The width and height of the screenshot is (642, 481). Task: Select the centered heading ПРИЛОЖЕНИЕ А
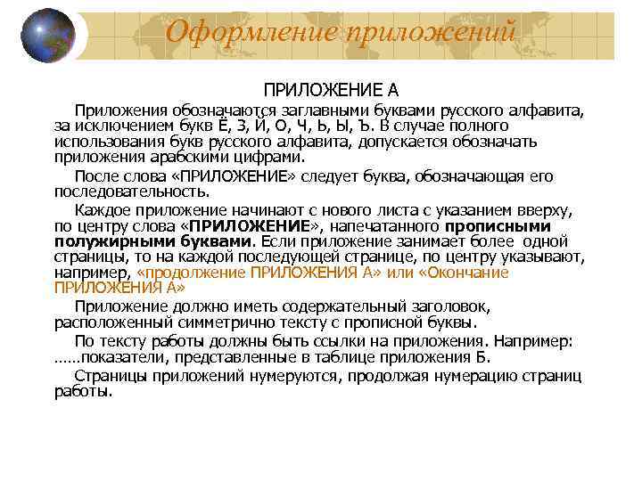[x=331, y=90]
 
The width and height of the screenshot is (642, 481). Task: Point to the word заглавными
[x=329, y=110]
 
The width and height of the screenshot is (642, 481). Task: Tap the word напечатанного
[x=390, y=226]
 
